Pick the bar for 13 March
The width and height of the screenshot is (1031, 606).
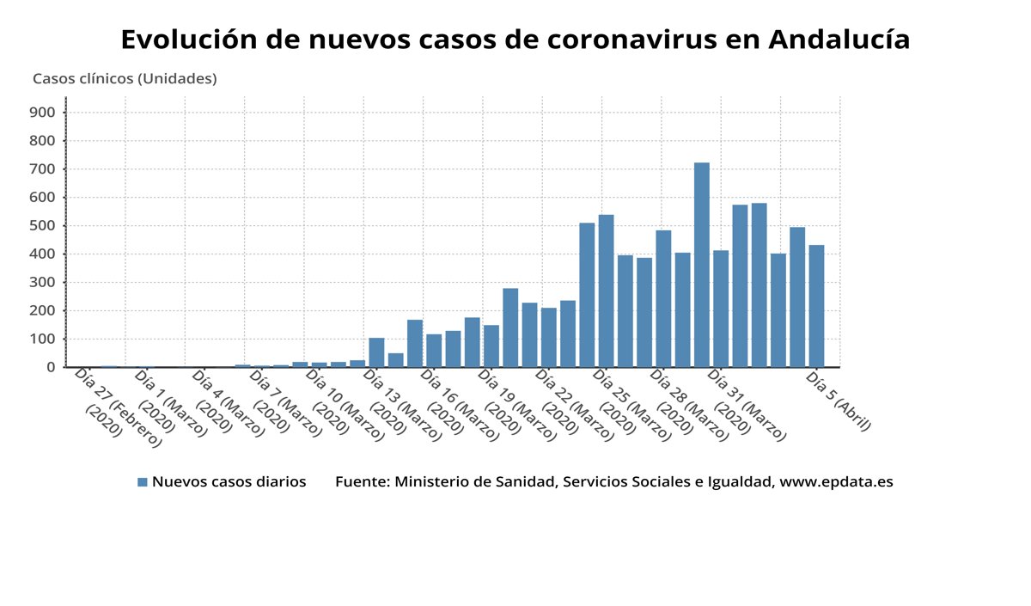pyautogui.click(x=376, y=352)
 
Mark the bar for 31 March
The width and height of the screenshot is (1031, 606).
pyautogui.click(x=720, y=309)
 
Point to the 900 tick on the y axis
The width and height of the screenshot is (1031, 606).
pyautogui.click(x=42, y=113)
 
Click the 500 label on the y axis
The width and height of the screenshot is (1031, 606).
pyautogui.click(x=42, y=226)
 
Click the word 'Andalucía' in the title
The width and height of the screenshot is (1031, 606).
pyautogui.click(x=839, y=40)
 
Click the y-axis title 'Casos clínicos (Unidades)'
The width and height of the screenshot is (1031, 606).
pyautogui.click(x=125, y=79)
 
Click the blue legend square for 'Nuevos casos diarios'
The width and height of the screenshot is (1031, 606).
pyautogui.click(x=143, y=482)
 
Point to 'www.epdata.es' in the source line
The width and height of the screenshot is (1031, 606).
pyautogui.click(x=835, y=482)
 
